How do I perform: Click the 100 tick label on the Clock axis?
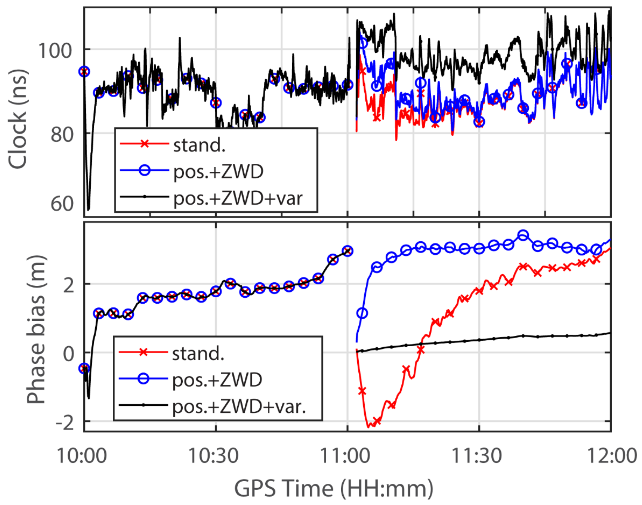(55, 50)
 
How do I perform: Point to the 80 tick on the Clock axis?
(62, 134)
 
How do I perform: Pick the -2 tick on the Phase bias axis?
(65, 423)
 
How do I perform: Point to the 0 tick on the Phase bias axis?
(68, 354)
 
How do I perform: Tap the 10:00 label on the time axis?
(81, 456)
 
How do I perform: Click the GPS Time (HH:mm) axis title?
(334, 489)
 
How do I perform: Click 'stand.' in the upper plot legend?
(199, 146)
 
